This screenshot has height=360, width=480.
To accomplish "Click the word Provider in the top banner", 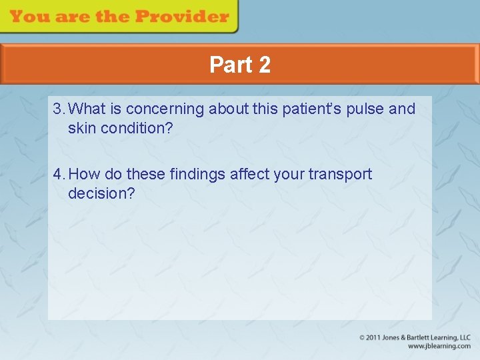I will click(187, 17).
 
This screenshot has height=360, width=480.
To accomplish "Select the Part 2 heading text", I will click(240, 65).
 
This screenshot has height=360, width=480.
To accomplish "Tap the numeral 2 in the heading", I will click(264, 65).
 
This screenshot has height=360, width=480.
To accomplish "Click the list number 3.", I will click(59, 109).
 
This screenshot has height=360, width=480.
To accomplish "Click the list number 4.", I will click(59, 175).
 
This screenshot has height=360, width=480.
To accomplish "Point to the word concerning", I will click(165, 109).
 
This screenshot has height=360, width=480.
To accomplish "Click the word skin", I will click(82, 128).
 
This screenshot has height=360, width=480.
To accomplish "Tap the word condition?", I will click(137, 128).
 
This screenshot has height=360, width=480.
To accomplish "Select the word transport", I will click(340, 175).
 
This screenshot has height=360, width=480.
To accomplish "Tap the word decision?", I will click(101, 194).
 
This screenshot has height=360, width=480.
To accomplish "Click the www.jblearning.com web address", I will click(439, 347).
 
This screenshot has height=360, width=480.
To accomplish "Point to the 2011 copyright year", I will click(374, 338).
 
